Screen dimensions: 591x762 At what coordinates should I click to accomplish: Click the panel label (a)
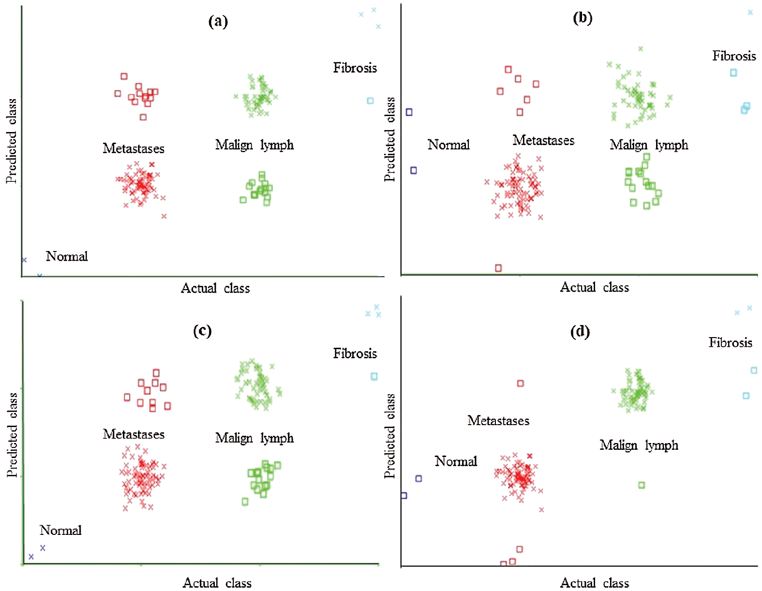click(x=218, y=21)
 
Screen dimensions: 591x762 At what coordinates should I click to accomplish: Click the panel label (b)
click(x=582, y=18)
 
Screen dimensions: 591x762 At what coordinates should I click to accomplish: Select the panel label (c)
click(x=202, y=331)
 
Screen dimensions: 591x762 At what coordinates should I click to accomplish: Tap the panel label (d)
click(x=580, y=332)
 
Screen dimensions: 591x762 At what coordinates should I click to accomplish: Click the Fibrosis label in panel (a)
click(x=355, y=68)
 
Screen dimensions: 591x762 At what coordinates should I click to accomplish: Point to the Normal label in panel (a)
click(x=67, y=256)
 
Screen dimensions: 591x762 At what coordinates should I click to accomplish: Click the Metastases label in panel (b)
click(x=543, y=140)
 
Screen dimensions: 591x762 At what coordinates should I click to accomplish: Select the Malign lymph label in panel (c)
click(x=254, y=438)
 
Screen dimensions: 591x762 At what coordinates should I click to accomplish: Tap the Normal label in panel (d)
click(x=455, y=461)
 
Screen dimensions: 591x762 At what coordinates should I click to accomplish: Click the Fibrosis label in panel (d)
click(x=730, y=343)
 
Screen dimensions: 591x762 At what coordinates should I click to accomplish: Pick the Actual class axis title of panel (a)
click(x=215, y=288)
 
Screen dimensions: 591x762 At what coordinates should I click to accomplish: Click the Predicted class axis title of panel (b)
click(x=390, y=139)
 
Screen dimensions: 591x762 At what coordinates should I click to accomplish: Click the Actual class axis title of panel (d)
click(x=594, y=583)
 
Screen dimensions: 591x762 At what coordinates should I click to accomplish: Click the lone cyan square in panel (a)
click(x=370, y=101)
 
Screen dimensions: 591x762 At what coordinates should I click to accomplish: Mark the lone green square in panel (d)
click(x=641, y=485)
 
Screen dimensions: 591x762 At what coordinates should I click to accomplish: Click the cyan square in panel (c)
click(x=374, y=376)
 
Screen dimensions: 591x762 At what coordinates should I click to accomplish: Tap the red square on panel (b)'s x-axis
click(x=498, y=268)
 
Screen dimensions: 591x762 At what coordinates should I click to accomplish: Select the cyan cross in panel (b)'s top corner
click(x=750, y=13)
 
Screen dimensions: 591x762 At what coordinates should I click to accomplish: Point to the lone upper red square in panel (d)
click(x=521, y=384)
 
